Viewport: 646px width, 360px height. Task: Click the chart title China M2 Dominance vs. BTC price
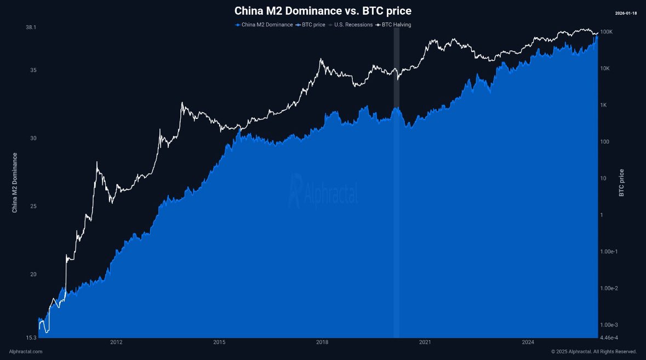click(x=323, y=11)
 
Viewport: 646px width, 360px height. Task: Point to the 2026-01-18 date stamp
click(x=626, y=13)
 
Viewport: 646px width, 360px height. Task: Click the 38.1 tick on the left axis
click(x=31, y=27)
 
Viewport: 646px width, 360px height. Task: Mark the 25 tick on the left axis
click(x=33, y=207)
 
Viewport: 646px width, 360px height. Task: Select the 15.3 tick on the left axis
click(x=31, y=338)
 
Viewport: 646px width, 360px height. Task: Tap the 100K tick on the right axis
click(x=607, y=32)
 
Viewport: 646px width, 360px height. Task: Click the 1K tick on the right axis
click(x=604, y=105)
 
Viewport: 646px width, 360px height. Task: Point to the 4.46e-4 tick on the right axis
click(x=610, y=338)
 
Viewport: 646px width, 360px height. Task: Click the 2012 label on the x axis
click(x=116, y=342)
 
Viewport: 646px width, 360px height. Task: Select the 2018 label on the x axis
click(x=322, y=342)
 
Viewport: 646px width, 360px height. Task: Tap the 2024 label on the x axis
click(x=528, y=342)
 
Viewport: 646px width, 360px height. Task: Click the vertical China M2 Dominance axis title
click(x=15, y=182)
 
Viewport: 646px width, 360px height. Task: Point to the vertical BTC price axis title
click(x=621, y=182)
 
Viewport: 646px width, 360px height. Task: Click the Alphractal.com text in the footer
click(x=26, y=351)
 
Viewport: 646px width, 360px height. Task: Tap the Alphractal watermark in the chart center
click(x=324, y=191)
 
